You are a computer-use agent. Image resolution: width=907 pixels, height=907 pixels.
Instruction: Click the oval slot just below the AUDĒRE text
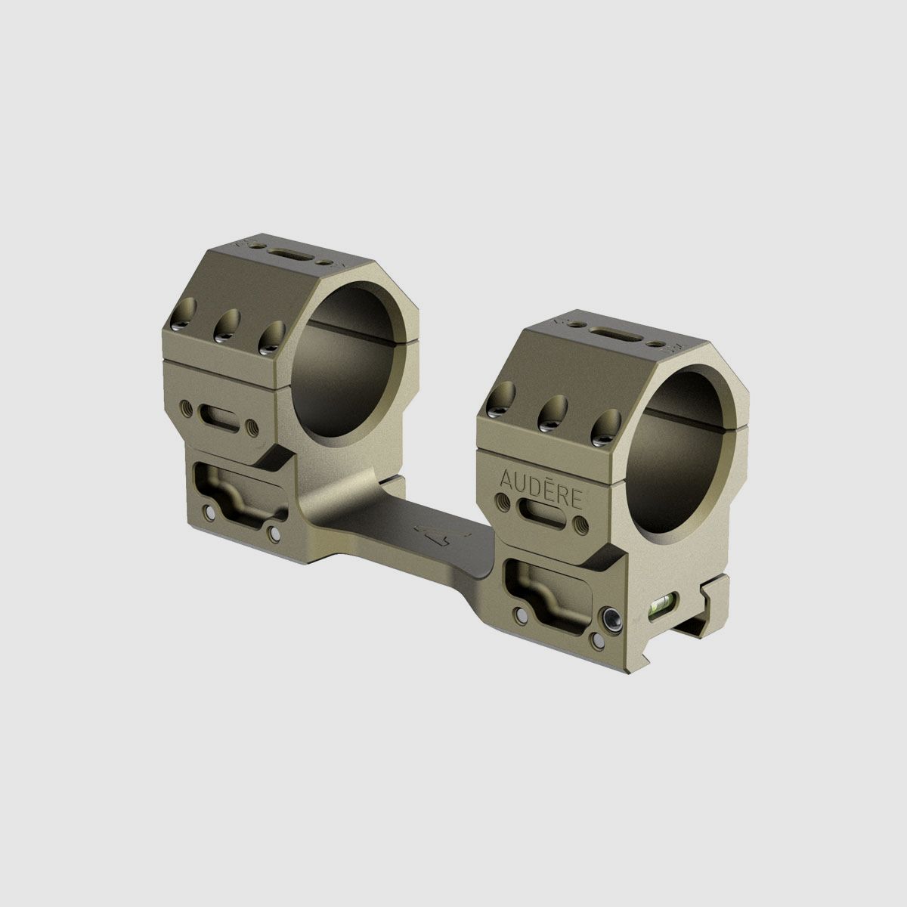click(542, 523)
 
